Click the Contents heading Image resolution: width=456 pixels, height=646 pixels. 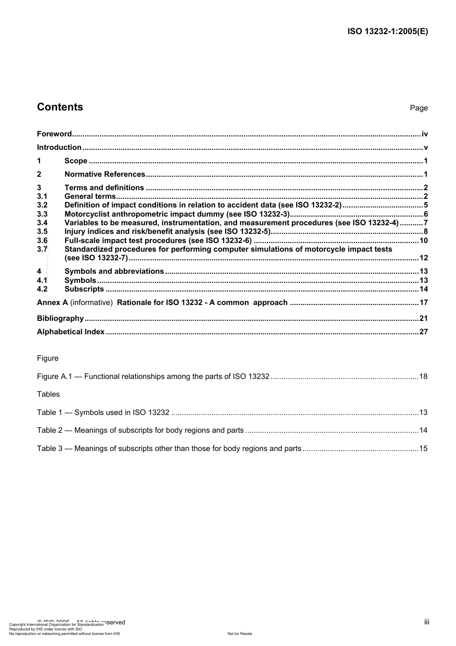(60, 107)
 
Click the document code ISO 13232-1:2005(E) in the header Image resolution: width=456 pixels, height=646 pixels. (387, 32)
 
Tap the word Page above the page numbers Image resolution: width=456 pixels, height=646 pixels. (419, 108)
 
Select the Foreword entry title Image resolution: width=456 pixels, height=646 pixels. (54, 134)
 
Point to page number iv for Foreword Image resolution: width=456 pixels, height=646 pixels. (424, 134)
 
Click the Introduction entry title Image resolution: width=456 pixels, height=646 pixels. (59, 147)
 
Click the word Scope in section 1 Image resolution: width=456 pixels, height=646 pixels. (76, 161)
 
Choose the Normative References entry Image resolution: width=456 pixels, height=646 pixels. (105, 174)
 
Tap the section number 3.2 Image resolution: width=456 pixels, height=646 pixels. (42, 205)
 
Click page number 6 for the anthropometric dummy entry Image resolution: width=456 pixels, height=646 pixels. (425, 214)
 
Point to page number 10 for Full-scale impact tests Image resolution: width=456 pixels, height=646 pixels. (423, 241)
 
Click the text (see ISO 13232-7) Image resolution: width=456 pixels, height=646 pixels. (96, 258)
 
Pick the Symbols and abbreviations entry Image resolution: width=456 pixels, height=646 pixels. (114, 271)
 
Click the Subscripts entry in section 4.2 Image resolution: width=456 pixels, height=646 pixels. (84, 289)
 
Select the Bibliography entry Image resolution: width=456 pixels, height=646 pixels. (60, 318)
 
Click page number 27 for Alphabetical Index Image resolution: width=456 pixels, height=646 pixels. (423, 332)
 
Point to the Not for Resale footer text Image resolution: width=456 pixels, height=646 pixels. (240, 634)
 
